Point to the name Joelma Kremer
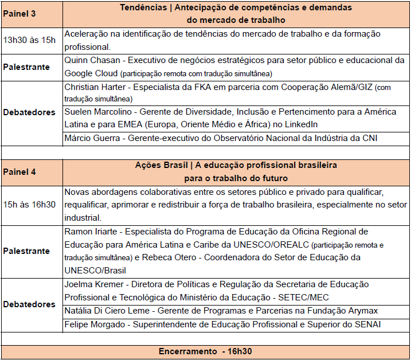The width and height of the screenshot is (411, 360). click(93, 284)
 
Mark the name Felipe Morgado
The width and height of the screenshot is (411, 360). click(95, 324)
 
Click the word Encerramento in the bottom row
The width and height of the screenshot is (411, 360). click(188, 351)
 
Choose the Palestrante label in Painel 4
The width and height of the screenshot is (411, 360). click(26, 251)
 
